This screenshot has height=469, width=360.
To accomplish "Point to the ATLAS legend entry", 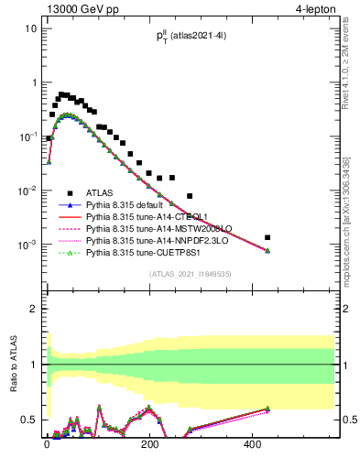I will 102,193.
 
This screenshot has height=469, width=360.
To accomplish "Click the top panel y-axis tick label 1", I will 34,82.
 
